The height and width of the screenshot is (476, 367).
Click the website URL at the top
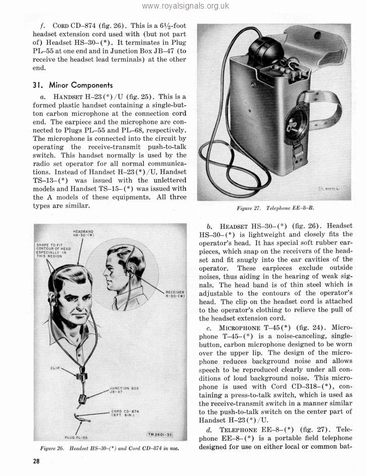pos(186,6)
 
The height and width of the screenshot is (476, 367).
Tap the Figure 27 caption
pos(279,207)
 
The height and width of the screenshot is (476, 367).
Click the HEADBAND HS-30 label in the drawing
pos(82,233)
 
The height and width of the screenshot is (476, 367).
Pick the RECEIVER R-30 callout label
pos(175,294)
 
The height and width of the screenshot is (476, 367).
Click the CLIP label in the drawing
pos(56,367)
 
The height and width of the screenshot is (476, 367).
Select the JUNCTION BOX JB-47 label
pos(124,390)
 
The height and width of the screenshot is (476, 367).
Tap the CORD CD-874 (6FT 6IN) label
pos(124,413)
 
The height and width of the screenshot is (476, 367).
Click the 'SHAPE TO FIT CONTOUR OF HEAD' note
pos(53,250)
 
